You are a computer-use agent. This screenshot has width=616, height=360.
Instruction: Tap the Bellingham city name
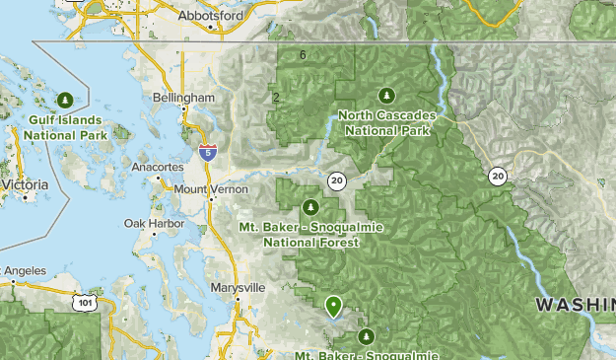point(184,99)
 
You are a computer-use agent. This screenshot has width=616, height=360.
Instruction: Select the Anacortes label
point(156,168)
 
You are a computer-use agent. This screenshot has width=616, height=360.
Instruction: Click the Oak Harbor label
point(148,224)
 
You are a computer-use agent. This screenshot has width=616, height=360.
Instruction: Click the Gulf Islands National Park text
point(64,127)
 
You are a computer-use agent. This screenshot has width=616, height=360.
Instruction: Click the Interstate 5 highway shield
point(207,152)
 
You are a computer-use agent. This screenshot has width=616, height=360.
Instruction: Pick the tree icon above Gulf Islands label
point(65,99)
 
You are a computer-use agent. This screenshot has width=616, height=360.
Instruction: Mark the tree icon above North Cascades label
point(386,95)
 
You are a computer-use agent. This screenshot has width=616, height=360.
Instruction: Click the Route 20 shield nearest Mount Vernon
point(337,180)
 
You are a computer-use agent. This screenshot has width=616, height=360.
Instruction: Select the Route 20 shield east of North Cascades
point(497,176)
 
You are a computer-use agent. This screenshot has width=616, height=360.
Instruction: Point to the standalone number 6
point(303,54)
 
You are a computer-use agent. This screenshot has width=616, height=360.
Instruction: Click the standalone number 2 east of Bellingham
point(276,97)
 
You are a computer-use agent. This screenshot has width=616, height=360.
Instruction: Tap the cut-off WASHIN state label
point(575,305)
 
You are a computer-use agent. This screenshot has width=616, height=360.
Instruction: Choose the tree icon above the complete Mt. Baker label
point(311,207)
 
